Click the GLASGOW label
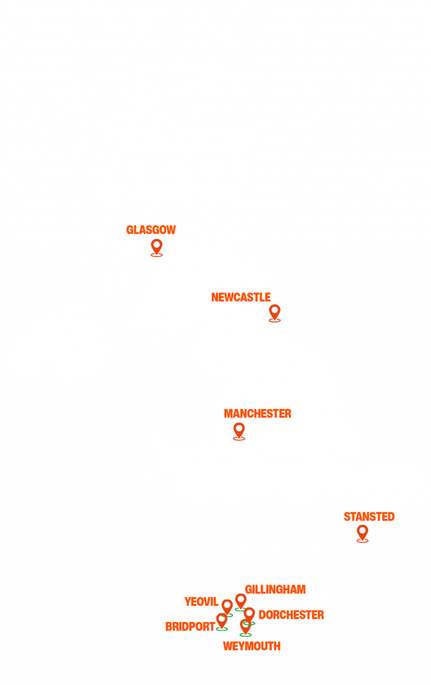151,230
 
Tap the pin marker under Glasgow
157,246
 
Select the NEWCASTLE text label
241,297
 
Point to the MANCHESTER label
258,414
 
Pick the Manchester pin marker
239,430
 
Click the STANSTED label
369,517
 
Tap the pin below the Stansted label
363,532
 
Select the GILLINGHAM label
275,590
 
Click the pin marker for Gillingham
241,601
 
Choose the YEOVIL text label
201,602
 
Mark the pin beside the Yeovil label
227,606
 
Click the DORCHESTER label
291,615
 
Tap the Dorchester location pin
249,615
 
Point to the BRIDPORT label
190,627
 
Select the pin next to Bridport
222,620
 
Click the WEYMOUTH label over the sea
251,646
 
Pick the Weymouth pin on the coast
245,626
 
